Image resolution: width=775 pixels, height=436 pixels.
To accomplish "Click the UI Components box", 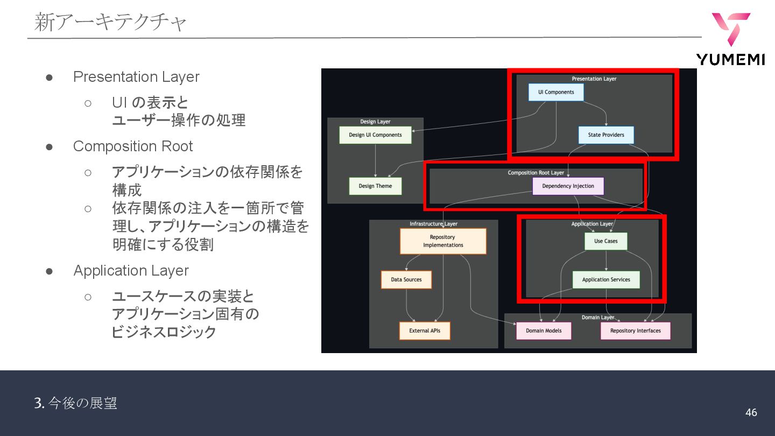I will [556, 92].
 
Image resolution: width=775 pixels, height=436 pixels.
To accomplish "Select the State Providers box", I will [606, 135].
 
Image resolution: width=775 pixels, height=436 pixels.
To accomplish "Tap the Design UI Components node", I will [375, 135].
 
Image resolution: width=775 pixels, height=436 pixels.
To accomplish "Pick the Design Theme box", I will [375, 186].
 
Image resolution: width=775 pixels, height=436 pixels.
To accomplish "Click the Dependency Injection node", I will [568, 186].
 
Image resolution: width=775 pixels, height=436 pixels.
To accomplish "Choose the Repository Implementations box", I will [443, 241].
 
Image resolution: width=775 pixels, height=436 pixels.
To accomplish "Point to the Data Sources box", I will [406, 280].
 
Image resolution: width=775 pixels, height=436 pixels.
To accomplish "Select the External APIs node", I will [425, 330].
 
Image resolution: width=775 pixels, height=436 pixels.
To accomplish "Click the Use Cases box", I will [605, 241].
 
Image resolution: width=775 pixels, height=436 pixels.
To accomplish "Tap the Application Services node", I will [606, 280].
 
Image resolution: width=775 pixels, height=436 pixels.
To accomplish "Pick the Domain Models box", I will [544, 330].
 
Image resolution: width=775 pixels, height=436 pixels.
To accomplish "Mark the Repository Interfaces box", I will [635, 330].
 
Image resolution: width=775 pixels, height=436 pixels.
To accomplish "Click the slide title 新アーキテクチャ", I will [111, 23].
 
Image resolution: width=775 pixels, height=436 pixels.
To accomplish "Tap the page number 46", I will [751, 412].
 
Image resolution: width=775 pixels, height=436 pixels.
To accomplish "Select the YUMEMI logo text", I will [730, 60].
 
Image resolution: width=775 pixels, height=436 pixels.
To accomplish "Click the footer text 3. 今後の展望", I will [76, 403].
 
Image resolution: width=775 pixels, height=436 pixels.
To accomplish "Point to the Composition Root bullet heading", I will [133, 146].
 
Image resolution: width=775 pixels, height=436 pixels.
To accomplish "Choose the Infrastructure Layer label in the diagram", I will [433, 224].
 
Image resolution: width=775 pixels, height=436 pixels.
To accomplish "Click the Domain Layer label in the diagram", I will [597, 318].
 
